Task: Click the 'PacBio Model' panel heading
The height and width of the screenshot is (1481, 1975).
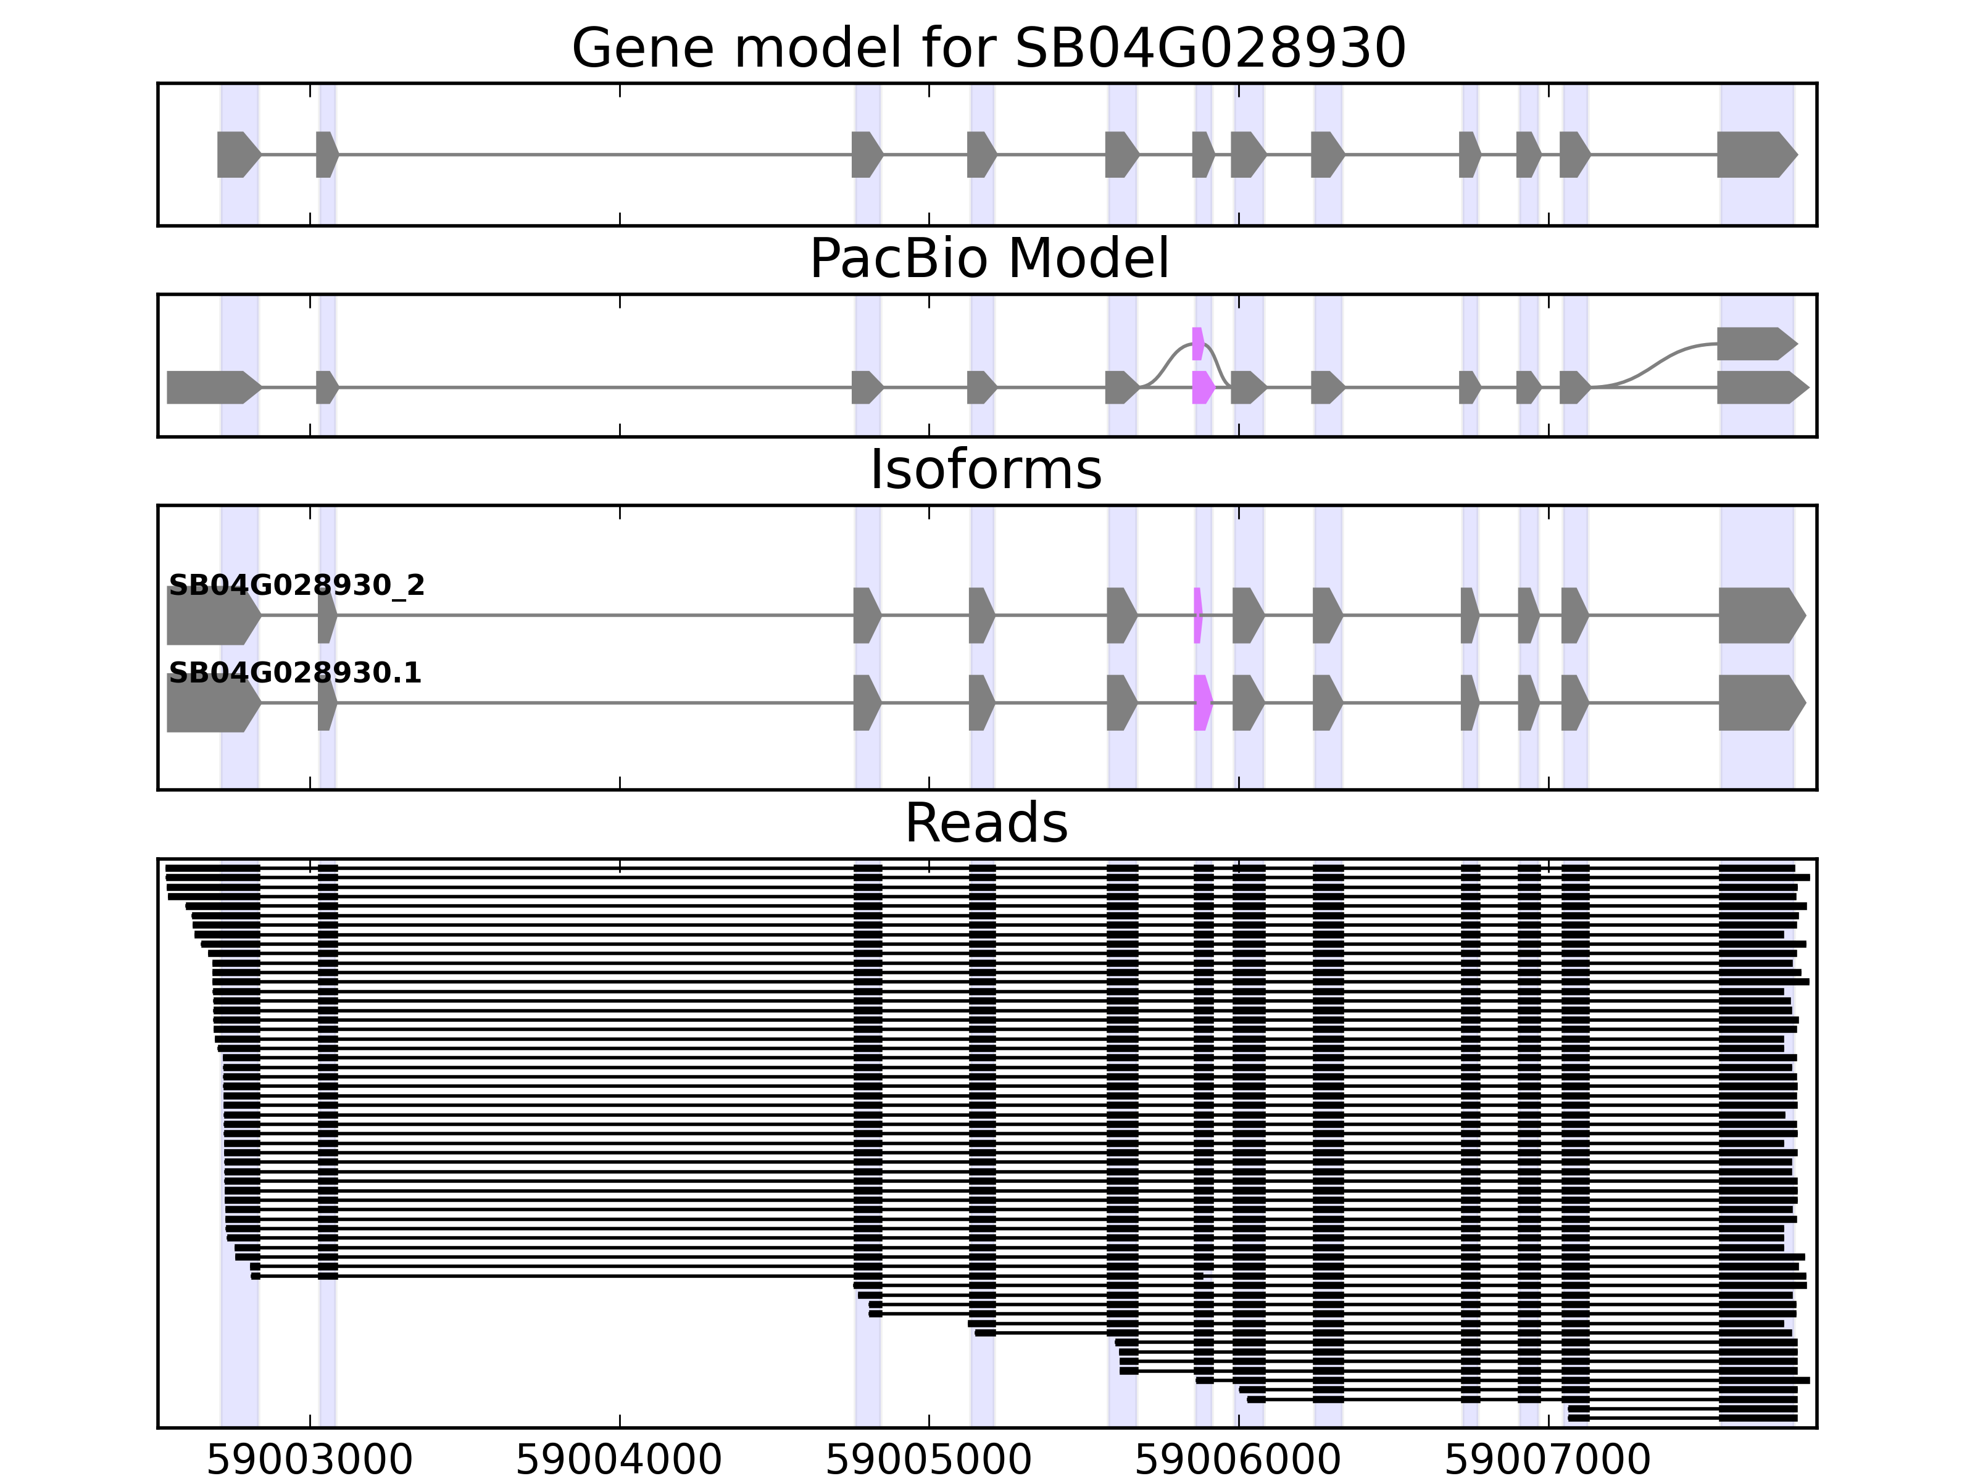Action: coord(987,259)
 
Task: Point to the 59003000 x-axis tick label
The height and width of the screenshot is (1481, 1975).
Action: coord(309,1461)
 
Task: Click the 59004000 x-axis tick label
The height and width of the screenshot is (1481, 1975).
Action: coord(619,1461)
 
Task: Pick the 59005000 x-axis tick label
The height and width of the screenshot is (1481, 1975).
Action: coord(929,1461)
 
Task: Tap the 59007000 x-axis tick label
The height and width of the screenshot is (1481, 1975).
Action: coord(1547,1461)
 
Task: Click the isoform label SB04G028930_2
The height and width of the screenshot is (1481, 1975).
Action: coord(296,586)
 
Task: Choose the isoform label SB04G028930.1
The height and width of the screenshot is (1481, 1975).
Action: coord(294,673)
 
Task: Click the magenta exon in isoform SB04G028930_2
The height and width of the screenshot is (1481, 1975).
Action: coord(1197,615)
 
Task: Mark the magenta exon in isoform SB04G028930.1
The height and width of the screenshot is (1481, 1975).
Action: coord(1202,703)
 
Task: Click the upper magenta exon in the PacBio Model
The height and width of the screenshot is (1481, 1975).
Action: coord(1197,344)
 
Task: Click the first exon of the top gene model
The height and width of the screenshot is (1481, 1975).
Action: coord(236,154)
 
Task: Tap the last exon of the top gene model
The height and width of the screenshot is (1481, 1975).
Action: coord(1755,154)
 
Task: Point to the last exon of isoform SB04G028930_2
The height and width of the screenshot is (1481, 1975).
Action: coord(1759,615)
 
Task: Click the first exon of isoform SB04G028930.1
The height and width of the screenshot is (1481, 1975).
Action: coord(212,703)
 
